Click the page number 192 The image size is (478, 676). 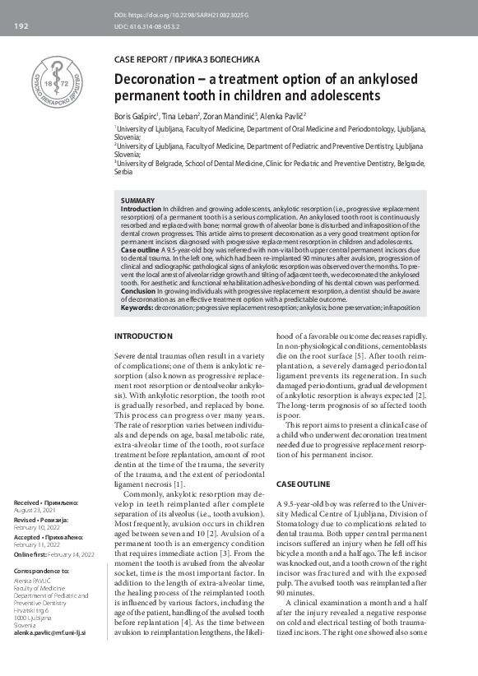tap(21, 27)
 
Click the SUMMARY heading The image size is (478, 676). tap(137, 201)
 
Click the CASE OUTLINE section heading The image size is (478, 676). tap(304, 484)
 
